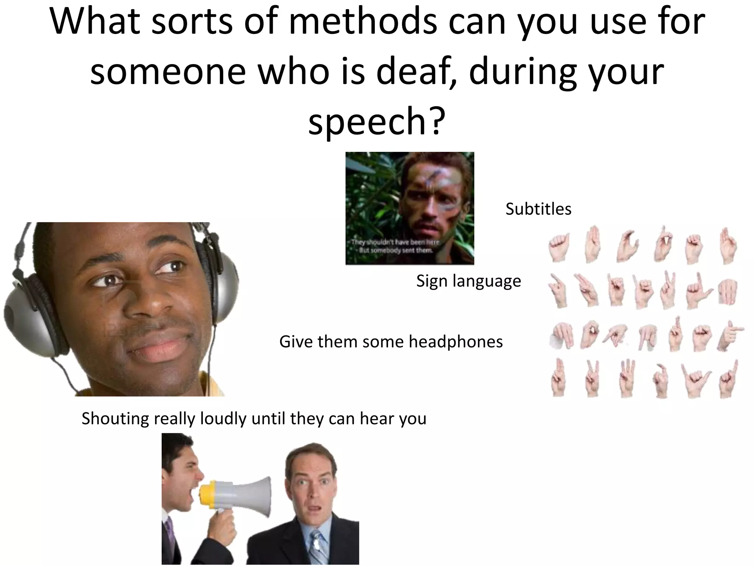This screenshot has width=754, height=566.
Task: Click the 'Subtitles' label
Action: click(538, 209)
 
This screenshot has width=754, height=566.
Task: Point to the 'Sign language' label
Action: click(469, 281)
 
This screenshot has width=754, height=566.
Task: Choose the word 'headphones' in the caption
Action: click(456, 342)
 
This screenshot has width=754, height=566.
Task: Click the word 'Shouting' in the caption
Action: click(115, 419)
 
